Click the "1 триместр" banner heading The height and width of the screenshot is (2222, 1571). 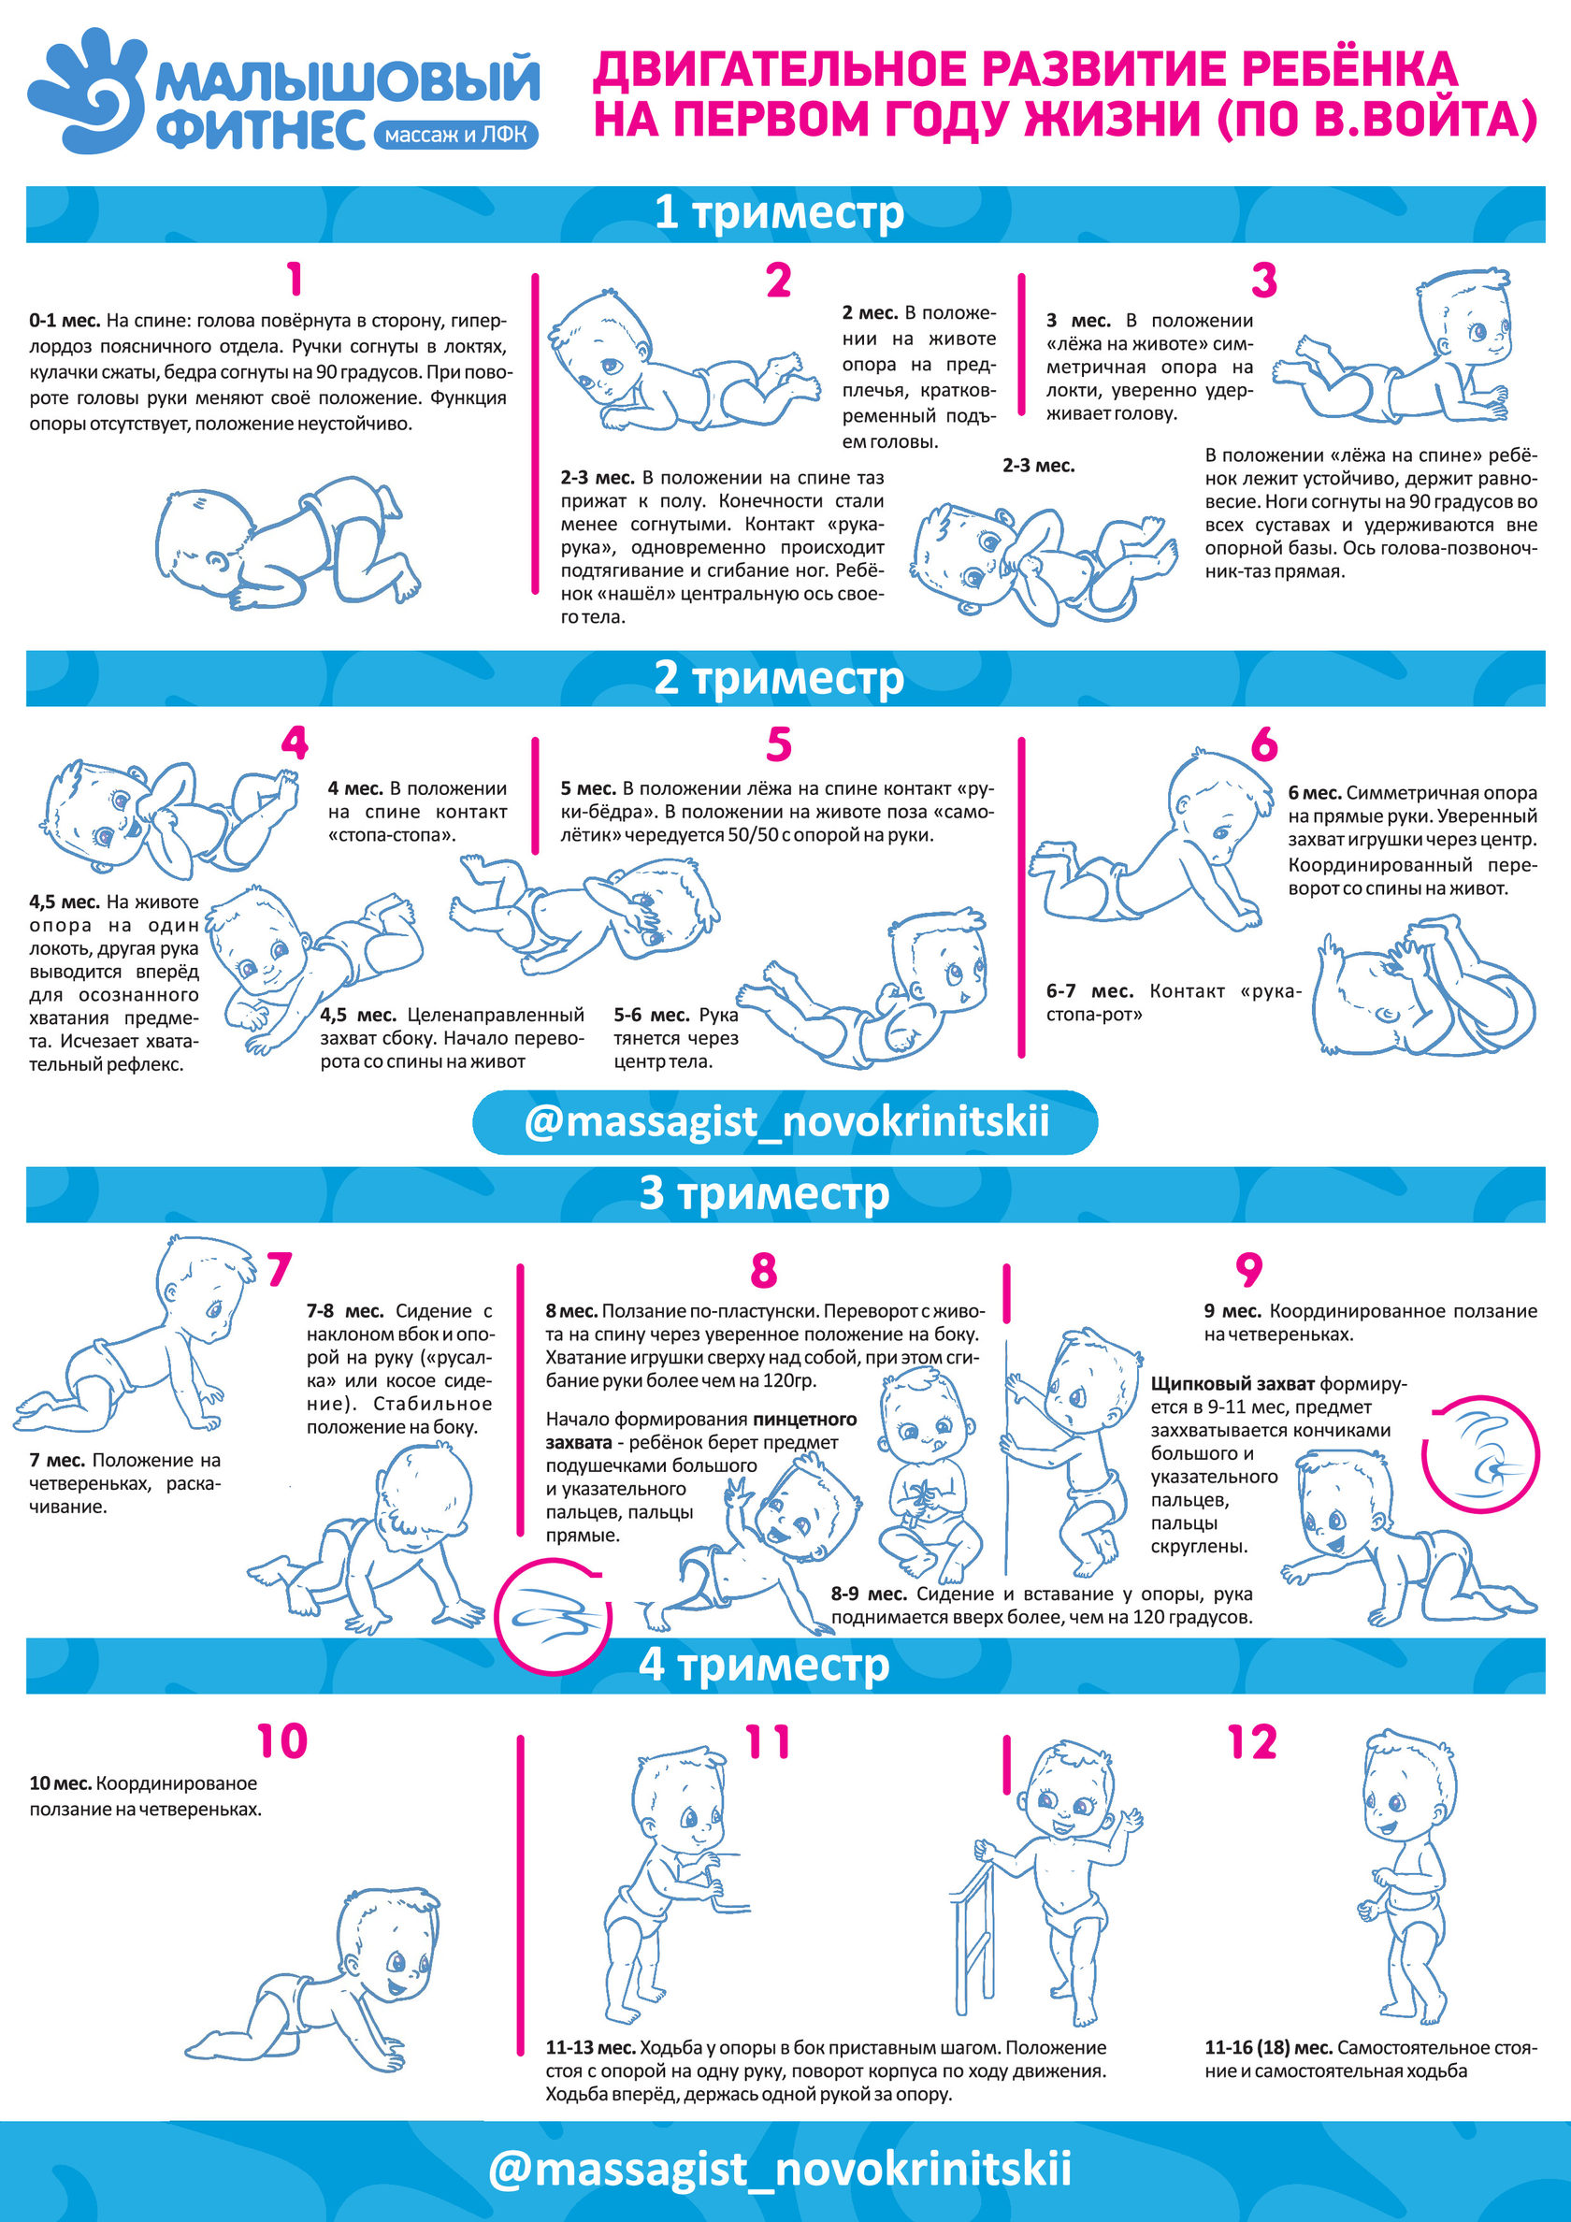tap(779, 213)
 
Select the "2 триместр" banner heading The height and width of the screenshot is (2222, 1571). tap(779, 678)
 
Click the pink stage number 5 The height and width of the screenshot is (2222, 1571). tap(779, 745)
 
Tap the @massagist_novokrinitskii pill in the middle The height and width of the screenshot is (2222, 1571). tap(785, 1123)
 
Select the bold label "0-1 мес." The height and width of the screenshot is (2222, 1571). tap(65, 321)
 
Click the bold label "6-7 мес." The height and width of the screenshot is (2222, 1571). tap(1090, 991)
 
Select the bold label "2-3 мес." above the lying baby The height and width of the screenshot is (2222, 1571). tap(1039, 466)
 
